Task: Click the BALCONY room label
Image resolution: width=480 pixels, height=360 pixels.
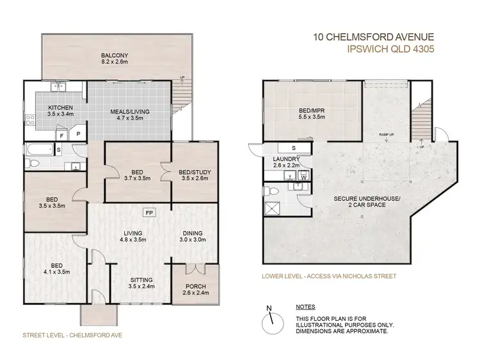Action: pyautogui.click(x=116, y=58)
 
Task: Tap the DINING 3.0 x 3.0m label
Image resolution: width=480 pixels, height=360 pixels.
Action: pyautogui.click(x=192, y=237)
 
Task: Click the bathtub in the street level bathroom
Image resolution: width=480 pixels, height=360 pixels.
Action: pyautogui.click(x=39, y=151)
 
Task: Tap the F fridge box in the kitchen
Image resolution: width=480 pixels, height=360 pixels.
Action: pyautogui.click(x=61, y=136)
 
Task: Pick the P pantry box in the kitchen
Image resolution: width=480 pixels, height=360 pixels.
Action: pyautogui.click(x=78, y=136)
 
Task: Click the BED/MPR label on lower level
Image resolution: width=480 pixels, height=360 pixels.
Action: pyautogui.click(x=312, y=113)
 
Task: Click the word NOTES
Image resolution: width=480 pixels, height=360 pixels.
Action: pyautogui.click(x=306, y=307)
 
